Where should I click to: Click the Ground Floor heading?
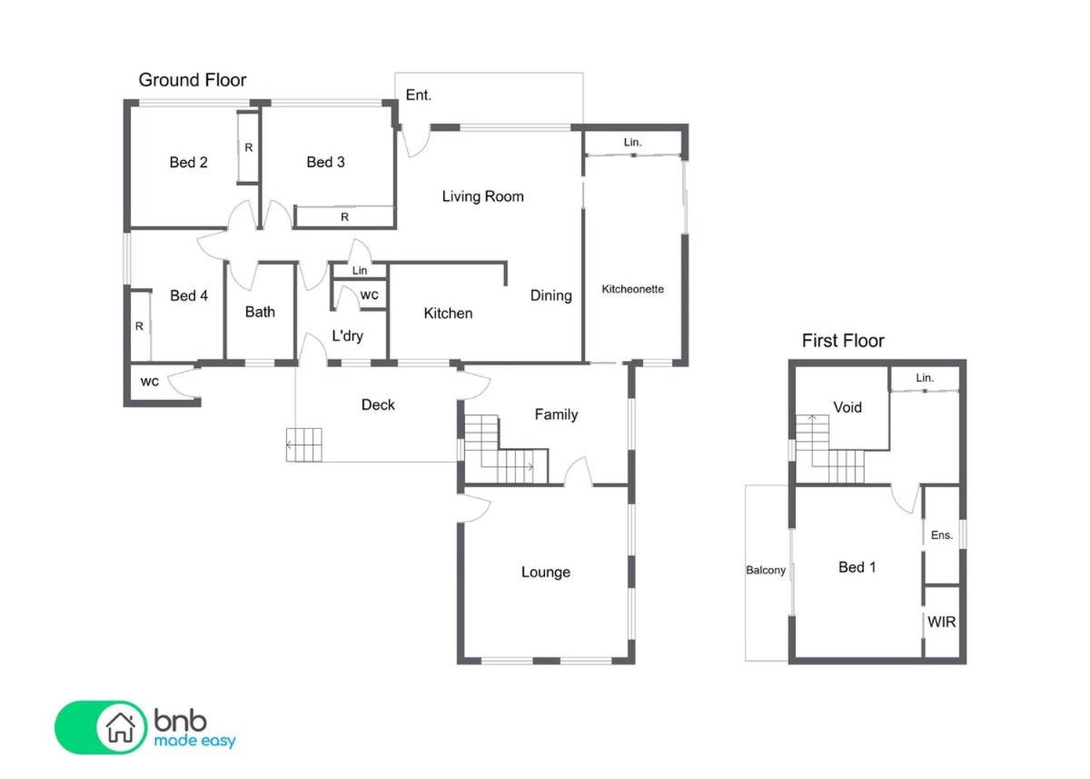(193, 80)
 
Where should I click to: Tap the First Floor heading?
(843, 341)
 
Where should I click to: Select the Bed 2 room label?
(188, 162)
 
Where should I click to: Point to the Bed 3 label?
(325, 162)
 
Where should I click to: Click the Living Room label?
(482, 196)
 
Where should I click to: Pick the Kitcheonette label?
(632, 289)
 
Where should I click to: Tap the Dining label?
(550, 295)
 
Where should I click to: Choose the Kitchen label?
(448, 313)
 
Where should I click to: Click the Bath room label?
(260, 312)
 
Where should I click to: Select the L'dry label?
(347, 336)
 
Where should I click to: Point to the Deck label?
(378, 404)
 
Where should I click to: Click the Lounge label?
(546, 572)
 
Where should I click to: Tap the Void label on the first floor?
(847, 407)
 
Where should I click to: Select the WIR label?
(942, 622)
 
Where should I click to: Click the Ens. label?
(942, 535)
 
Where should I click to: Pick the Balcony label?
(766, 570)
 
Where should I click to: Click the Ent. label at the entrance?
(419, 95)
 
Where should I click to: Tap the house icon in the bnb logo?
(121, 727)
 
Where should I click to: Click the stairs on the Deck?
(303, 444)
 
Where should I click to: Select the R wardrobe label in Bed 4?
(139, 326)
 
